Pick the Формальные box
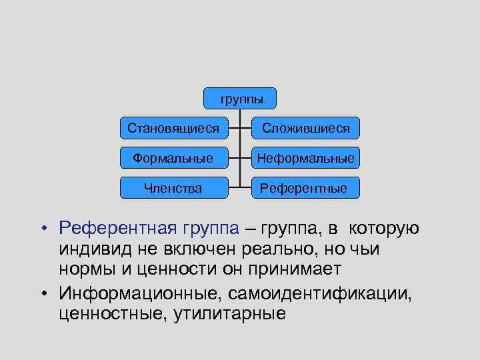[x=173, y=158]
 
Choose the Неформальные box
[x=305, y=158]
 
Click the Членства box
[x=173, y=188]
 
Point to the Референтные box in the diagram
[x=304, y=188]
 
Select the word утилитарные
[x=229, y=313]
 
